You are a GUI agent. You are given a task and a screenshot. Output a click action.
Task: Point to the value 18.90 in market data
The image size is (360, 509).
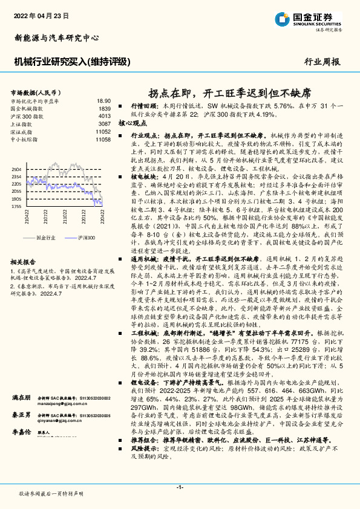click(104, 101)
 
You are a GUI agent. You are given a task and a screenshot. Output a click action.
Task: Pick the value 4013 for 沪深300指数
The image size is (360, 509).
click(104, 115)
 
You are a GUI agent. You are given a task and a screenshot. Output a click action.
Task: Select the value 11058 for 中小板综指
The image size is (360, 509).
click(103, 139)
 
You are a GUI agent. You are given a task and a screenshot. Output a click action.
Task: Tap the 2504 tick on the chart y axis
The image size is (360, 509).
click(16, 169)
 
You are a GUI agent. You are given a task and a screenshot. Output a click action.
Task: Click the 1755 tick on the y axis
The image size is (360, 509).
click(16, 206)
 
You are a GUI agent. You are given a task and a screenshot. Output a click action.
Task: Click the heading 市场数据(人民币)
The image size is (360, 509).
click(34, 92)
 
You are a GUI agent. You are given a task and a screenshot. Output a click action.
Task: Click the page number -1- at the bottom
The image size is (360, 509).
click(180, 487)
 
